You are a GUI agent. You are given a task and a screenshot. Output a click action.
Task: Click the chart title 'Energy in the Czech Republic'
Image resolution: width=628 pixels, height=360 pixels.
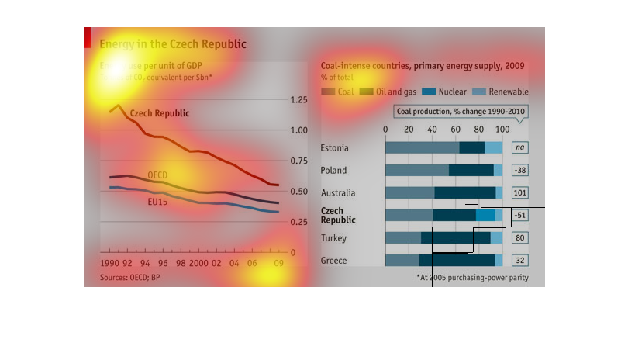[173, 44]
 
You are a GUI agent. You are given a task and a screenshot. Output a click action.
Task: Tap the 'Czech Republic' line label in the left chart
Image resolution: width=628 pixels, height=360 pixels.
[159, 113]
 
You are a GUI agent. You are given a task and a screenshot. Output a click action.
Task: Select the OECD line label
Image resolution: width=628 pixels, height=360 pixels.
[157, 175]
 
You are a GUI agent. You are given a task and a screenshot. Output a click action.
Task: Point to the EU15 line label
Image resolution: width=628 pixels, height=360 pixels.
[157, 202]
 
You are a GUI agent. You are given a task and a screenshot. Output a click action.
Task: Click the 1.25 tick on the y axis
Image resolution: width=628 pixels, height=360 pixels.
[297, 100]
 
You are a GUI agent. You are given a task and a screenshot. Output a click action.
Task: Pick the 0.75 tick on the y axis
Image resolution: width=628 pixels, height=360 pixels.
[297, 161]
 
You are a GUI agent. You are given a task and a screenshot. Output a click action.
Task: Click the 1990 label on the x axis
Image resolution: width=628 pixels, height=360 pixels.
[110, 265]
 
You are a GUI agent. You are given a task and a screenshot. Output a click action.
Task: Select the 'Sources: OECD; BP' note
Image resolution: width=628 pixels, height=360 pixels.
[129, 277]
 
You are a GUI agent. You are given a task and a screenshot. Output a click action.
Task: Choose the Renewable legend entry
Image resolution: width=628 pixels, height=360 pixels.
[503, 92]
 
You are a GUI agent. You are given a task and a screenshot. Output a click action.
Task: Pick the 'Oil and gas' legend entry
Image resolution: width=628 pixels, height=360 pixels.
[392, 92]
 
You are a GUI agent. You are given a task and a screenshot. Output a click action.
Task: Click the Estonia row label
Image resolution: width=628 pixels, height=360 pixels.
[334, 147]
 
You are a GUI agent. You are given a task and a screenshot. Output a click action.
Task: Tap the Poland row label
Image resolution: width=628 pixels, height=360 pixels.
[334, 170]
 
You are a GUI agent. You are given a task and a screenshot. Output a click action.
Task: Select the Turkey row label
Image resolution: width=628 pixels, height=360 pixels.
[334, 238]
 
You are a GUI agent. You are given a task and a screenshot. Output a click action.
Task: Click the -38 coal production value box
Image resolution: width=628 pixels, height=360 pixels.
[519, 170]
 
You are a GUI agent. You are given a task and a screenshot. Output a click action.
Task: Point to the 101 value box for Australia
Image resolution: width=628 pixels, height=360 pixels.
[519, 192]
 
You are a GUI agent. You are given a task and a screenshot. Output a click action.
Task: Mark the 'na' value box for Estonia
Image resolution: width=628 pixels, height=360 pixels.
[519, 147]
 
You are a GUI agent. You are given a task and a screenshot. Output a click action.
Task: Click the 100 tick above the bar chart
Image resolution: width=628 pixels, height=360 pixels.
[502, 129]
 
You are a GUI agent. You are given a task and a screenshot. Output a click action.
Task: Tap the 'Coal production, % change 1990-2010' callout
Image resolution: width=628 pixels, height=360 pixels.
[461, 112]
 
